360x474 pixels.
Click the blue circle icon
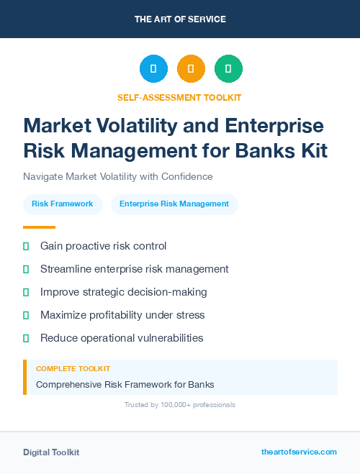153,69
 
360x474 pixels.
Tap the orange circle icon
191,69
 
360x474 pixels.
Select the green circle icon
228,69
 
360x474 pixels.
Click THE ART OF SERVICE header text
180,19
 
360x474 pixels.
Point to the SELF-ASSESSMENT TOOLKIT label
179,97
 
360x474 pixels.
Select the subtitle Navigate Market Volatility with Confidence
117,176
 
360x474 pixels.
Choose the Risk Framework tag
63,204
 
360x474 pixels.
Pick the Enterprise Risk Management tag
174,204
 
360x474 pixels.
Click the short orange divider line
35,227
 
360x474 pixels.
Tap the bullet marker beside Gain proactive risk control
26,246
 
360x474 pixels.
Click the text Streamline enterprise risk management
134,269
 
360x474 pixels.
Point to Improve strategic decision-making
123,292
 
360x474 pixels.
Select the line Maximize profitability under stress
122,315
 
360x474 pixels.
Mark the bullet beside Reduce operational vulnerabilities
26,338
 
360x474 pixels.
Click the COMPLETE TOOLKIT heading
73,369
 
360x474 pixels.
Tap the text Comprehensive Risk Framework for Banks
125,384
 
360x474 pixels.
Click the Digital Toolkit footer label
51,452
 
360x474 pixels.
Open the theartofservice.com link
299,452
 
